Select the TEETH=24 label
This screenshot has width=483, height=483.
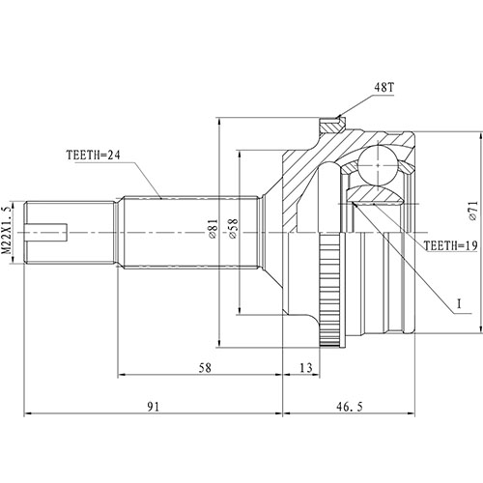(x=96, y=152)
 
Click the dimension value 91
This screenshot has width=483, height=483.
(x=154, y=407)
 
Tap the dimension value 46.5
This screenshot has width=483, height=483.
(x=376, y=407)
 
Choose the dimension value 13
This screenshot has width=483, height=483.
(x=305, y=368)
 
